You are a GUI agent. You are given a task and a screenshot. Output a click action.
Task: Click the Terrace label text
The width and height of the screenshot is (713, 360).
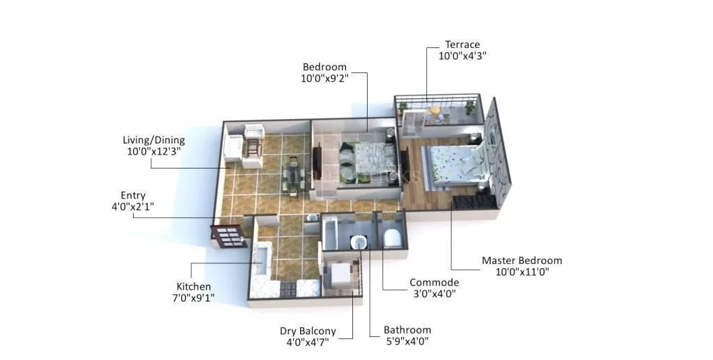462,45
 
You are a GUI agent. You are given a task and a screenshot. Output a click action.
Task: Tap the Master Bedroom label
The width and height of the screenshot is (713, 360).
522,260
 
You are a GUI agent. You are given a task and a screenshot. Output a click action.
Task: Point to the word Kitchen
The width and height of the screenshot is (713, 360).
193,286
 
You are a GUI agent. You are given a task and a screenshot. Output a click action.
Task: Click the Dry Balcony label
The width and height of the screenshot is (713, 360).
308,331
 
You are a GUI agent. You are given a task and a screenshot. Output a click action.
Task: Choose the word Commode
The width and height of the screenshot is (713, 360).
434,282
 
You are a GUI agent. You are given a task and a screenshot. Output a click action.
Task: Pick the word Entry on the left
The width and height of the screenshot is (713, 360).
133,196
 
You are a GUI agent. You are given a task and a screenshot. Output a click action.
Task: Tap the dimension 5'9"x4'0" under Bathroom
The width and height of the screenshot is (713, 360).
407,341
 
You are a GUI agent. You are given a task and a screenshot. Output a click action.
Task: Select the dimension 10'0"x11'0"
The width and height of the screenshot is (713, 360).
522,272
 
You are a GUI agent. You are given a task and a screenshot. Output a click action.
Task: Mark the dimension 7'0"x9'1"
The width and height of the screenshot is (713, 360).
193,297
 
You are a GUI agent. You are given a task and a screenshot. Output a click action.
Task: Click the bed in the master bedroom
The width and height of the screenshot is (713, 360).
453,166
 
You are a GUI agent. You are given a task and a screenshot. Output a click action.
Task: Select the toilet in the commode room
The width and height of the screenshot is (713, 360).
393,237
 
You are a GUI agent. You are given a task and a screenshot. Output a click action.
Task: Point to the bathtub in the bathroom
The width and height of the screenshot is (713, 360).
331,233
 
